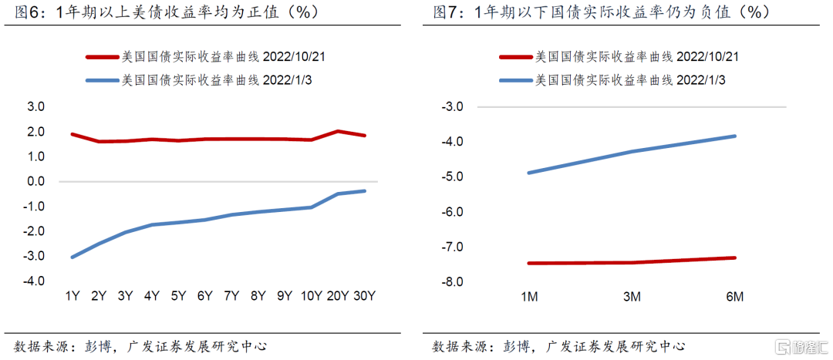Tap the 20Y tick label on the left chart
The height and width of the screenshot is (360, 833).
[338, 296]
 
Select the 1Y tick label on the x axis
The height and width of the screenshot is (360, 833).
[73, 296]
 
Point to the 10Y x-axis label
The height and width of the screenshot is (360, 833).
[311, 296]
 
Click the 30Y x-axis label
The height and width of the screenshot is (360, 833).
[364, 296]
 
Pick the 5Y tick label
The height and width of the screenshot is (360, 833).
[178, 296]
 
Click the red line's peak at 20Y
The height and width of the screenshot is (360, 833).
[338, 131]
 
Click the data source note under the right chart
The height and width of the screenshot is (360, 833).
[558, 346]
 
